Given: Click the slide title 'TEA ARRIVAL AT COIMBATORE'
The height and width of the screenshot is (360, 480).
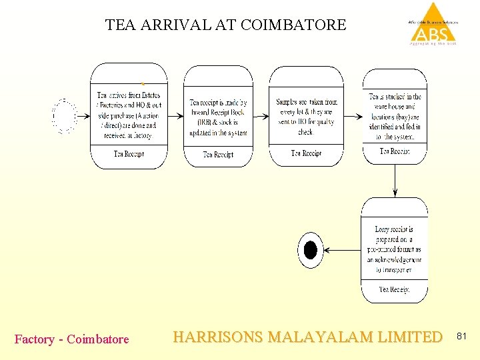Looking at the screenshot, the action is click(225, 25).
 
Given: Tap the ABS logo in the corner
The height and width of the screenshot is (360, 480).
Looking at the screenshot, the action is click(433, 25).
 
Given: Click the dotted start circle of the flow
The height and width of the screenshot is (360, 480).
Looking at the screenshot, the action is click(65, 115).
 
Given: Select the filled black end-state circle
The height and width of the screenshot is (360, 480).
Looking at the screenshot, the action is click(310, 250).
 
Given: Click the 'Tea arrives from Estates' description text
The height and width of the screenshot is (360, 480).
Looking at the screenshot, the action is click(129, 115).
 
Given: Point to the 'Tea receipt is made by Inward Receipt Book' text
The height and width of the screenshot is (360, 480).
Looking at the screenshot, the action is click(218, 117).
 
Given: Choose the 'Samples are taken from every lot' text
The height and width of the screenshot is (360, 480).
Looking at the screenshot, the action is click(306, 117).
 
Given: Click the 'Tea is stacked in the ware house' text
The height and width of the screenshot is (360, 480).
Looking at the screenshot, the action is click(395, 116).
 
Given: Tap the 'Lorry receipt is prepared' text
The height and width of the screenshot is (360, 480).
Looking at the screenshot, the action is click(394, 250).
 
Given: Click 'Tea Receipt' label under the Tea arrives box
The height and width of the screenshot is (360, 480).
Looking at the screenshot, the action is click(129, 154).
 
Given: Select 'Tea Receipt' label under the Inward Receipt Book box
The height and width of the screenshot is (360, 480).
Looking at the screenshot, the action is click(218, 155).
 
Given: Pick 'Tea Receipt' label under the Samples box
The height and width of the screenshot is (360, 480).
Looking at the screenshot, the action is click(306, 153).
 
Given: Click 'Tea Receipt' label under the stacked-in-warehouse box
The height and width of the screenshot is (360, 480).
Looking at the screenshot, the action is click(395, 151).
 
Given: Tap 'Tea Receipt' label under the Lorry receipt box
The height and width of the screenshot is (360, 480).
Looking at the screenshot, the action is click(394, 289).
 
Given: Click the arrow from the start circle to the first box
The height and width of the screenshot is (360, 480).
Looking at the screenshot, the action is click(83, 115).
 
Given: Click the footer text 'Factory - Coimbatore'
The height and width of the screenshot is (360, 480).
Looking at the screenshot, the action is click(72, 339).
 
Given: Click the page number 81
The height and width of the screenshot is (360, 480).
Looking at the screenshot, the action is click(463, 338).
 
